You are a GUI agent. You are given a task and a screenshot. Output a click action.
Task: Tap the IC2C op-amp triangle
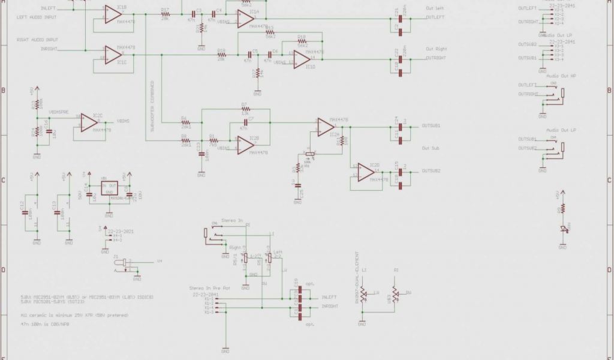87,124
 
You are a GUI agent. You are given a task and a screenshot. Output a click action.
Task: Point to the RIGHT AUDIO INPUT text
38,39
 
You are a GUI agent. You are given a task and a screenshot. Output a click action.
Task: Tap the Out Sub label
431,148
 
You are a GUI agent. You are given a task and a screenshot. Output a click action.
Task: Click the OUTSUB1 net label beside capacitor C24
431,126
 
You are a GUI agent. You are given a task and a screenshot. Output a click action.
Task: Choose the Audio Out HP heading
561,76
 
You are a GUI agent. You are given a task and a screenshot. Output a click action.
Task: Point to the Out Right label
437,49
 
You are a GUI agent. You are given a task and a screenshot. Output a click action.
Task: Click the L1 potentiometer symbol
364,293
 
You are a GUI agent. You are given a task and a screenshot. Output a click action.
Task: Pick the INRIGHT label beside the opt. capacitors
330,305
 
